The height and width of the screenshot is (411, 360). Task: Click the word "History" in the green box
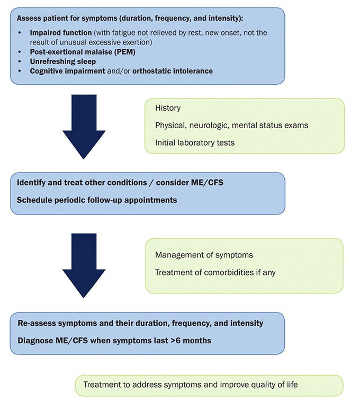click(x=168, y=108)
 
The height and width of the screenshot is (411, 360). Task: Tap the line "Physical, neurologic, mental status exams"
click(x=231, y=126)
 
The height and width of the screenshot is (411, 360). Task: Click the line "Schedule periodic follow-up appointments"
click(x=97, y=200)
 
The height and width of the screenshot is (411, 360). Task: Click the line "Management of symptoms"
click(x=204, y=255)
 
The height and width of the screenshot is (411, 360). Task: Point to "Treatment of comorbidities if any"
click(x=215, y=272)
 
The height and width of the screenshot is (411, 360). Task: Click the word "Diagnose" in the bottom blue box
click(x=35, y=341)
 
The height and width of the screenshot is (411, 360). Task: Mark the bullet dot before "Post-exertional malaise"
click(x=20, y=52)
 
